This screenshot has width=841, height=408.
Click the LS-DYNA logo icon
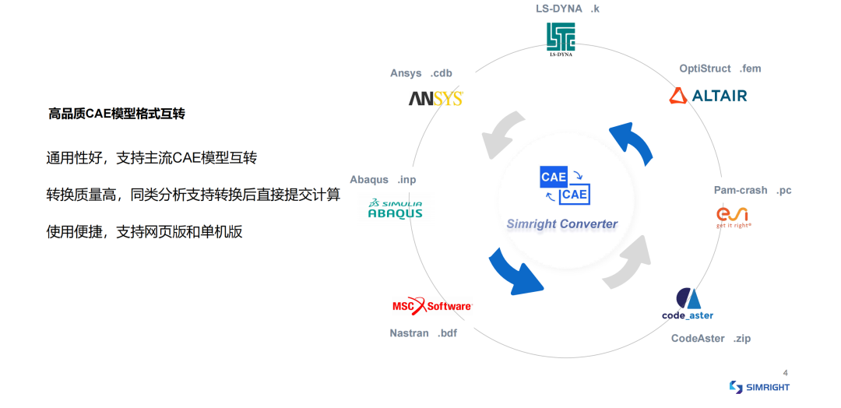click(561, 39)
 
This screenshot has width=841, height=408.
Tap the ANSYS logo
click(435, 99)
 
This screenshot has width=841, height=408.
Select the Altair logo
click(707, 96)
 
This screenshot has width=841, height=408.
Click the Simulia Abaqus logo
click(396, 209)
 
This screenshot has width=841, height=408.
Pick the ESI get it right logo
click(733, 217)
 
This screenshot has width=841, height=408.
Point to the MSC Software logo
click(432, 305)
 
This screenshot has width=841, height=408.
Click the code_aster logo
click(688, 304)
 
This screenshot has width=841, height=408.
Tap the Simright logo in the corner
click(759, 386)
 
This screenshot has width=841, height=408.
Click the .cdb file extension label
click(441, 73)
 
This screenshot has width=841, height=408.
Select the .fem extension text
click(750, 69)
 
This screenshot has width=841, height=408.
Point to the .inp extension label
click(406, 180)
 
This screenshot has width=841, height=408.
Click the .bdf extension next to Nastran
click(447, 333)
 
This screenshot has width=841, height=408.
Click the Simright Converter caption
click(562, 224)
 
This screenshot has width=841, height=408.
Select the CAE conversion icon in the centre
click(565, 185)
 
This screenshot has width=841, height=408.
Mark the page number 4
click(786, 373)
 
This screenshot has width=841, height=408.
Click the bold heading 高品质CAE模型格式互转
click(116, 114)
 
